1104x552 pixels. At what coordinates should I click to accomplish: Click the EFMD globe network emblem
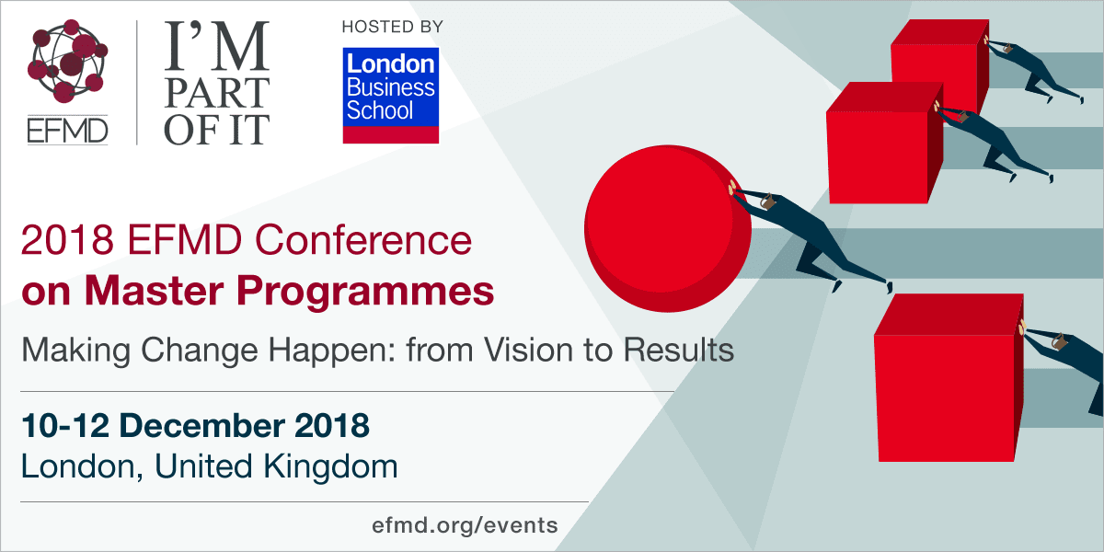(67, 61)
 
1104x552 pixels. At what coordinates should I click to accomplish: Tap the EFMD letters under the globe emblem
(67, 131)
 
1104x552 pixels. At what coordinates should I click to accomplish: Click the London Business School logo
(391, 96)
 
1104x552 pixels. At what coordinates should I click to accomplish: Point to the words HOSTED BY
(392, 27)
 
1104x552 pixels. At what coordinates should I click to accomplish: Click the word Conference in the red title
(363, 240)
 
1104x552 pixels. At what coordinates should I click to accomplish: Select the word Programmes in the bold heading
(365, 293)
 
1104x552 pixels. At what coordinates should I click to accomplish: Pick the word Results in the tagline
(679, 350)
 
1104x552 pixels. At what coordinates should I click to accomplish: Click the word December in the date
(202, 425)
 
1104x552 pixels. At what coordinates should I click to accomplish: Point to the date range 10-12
(65, 425)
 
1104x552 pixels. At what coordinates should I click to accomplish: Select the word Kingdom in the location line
(330, 467)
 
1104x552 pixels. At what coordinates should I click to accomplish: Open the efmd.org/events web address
(465, 526)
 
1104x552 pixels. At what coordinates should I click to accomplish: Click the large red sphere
(668, 228)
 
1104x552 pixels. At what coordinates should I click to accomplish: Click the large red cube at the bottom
(949, 378)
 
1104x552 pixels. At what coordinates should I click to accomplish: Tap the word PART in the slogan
(217, 93)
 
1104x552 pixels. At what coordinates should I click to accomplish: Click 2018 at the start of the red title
(66, 240)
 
